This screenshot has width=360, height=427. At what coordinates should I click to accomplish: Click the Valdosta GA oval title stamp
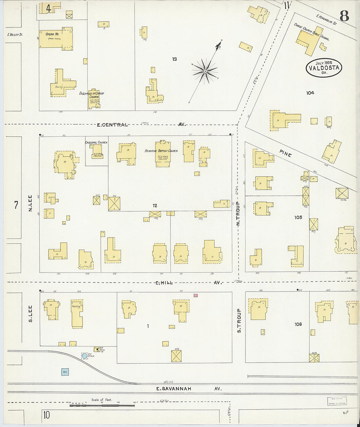pyautogui.click(x=324, y=68)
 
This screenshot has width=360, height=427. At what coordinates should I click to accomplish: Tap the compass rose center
pyautogui.click(x=205, y=71)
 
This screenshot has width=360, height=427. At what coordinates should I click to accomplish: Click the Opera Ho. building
pyautogui.click(x=55, y=38)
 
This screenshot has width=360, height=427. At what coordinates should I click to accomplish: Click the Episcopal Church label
pyautogui.click(x=96, y=142)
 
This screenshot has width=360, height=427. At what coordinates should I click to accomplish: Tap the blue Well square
pyautogui.click(x=65, y=372)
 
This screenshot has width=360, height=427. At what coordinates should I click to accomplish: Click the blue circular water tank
pyautogui.click(x=84, y=356)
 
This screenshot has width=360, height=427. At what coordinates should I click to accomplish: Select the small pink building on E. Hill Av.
pyautogui.click(x=195, y=295)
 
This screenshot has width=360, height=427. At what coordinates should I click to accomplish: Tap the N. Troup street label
pyautogui.click(x=238, y=214)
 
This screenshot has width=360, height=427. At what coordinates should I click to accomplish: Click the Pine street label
pyautogui.click(x=285, y=153)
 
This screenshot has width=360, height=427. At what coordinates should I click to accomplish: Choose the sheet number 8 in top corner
pyautogui.click(x=344, y=15)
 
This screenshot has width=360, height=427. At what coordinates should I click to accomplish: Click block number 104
pyautogui.click(x=310, y=93)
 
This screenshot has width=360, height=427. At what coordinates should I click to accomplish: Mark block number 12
pyautogui.click(x=155, y=205)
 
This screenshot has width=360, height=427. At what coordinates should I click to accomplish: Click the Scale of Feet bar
pyautogui.click(x=102, y=405)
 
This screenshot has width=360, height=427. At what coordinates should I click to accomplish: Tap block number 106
pyautogui.click(x=298, y=324)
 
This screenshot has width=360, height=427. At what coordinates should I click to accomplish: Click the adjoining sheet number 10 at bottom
pyautogui.click(x=46, y=415)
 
